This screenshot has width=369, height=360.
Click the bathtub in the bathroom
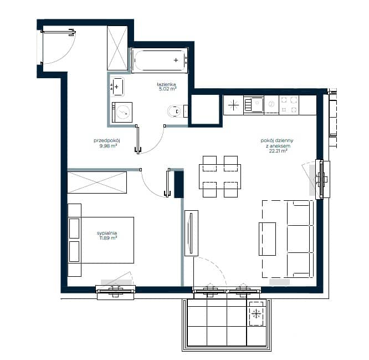(160, 60)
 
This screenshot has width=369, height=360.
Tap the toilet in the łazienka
(177, 111)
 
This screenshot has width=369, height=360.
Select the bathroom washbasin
(117, 87)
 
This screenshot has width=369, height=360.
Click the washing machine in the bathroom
(122, 112)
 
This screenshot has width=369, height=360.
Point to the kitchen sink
(253, 104)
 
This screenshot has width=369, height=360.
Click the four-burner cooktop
(289, 105)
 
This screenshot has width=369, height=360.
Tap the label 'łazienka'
(166, 84)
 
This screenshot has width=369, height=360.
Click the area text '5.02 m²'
(167, 89)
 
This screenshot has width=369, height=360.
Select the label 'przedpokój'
(107, 141)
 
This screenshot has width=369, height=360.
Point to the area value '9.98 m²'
(108, 146)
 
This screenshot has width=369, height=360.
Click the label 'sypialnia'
(107, 233)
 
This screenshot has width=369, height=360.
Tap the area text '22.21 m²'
(278, 151)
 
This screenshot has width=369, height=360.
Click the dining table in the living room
(220, 176)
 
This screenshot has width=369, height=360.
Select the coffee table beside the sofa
(268, 239)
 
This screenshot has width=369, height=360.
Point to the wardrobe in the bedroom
(97, 182)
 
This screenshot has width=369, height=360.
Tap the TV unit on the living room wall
(191, 233)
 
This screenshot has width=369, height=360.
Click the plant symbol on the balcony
(256, 314)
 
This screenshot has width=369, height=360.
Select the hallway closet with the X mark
(117, 48)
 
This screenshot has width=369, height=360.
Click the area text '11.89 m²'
(108, 238)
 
